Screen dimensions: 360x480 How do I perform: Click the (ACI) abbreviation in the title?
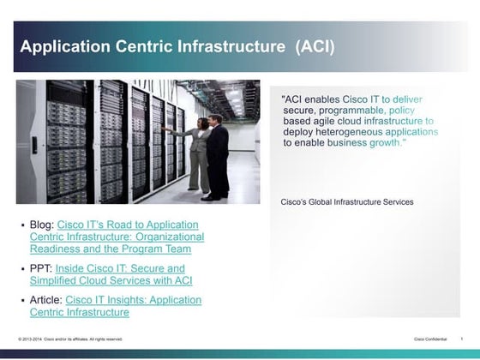(315, 45)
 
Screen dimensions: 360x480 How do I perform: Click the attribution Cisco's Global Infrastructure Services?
(347, 202)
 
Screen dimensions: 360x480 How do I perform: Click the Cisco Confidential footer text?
(430, 339)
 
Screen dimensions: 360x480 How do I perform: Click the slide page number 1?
(463, 339)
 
